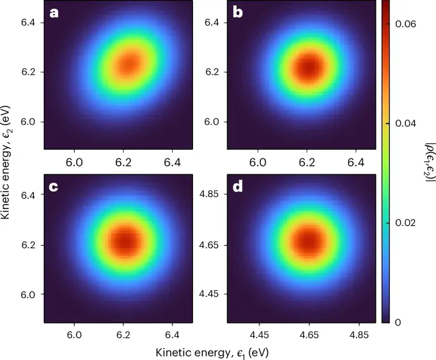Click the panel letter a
click(54, 12)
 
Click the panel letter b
click(237, 12)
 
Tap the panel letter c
click(54, 186)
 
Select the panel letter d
click(237, 186)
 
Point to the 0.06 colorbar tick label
click(406, 24)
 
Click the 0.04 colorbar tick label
click(406, 123)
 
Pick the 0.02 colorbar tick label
click(406, 223)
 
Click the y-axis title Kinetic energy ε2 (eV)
click(7, 162)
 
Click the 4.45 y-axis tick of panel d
click(213, 294)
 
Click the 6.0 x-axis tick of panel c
click(75, 336)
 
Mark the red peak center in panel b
click(308, 68)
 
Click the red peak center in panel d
click(309, 240)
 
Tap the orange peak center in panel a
click(131, 64)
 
